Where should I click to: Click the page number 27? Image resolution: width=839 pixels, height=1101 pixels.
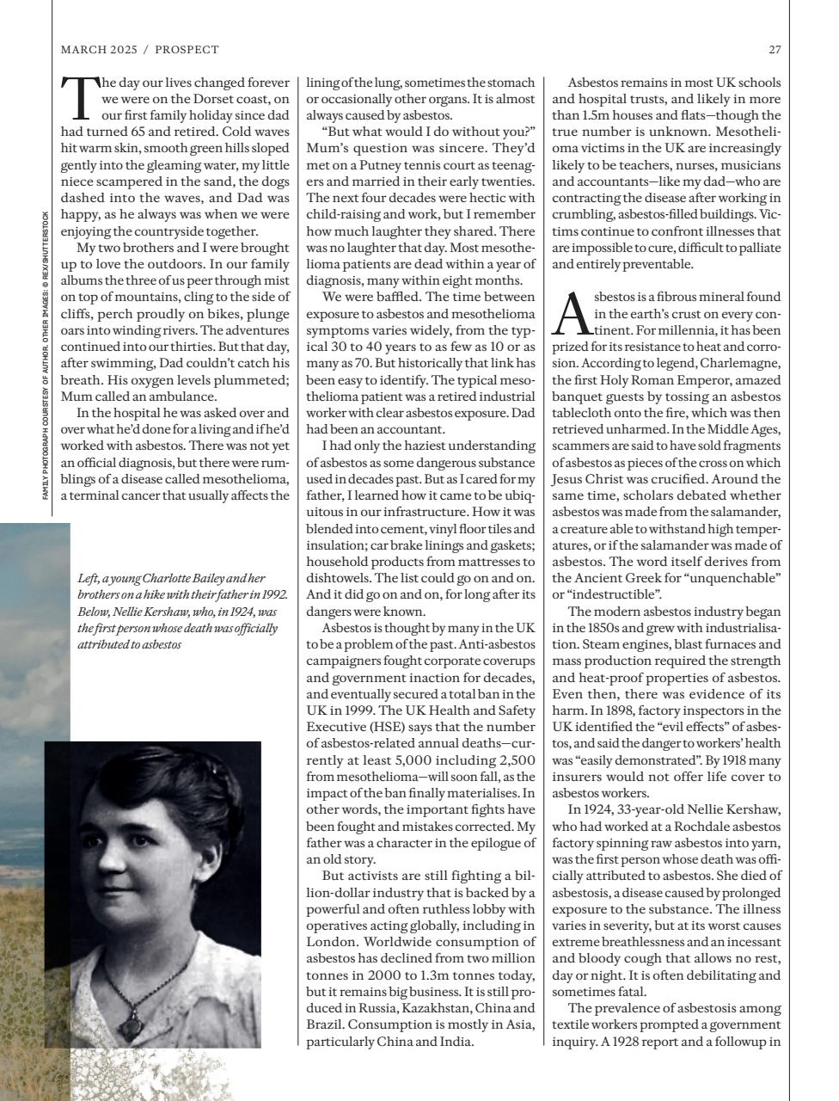point(775,50)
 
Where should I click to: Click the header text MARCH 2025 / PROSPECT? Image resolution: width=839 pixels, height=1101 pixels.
point(140,50)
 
